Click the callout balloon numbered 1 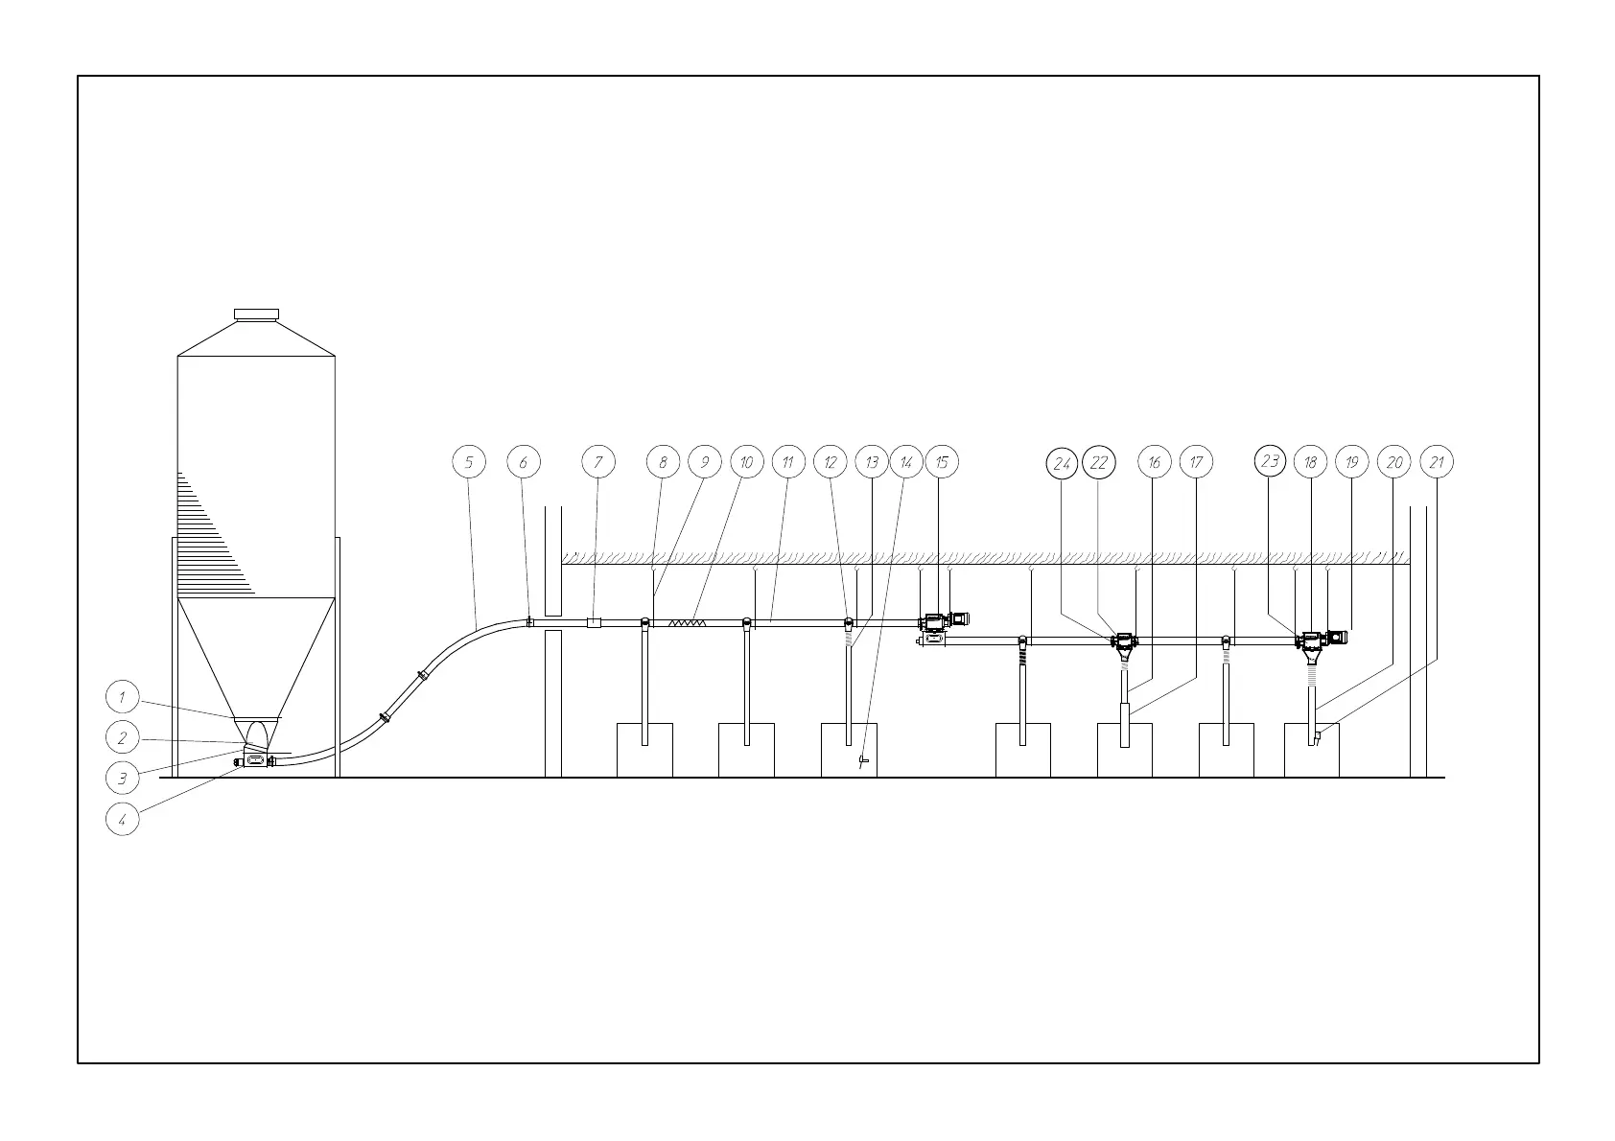click(122, 697)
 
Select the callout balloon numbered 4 click(122, 820)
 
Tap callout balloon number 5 click(469, 462)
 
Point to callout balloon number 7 click(598, 462)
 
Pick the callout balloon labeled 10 click(746, 462)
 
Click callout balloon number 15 click(942, 462)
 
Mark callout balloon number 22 click(1099, 463)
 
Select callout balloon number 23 click(1271, 461)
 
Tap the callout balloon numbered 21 click(1437, 462)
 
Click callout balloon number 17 click(1196, 462)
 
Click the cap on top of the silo click(256, 314)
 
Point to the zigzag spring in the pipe click(687, 622)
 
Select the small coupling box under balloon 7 click(594, 622)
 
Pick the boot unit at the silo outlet click(255, 759)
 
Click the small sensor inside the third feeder click(863, 761)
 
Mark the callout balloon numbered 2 click(122, 738)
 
